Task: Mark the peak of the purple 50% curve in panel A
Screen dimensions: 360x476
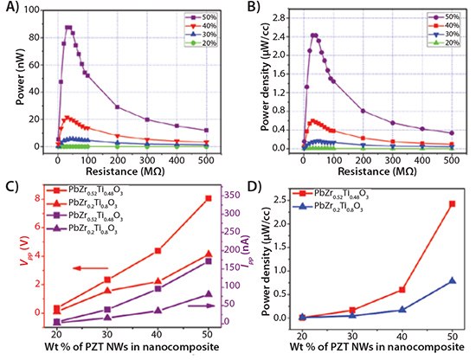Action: tap(68, 27)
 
